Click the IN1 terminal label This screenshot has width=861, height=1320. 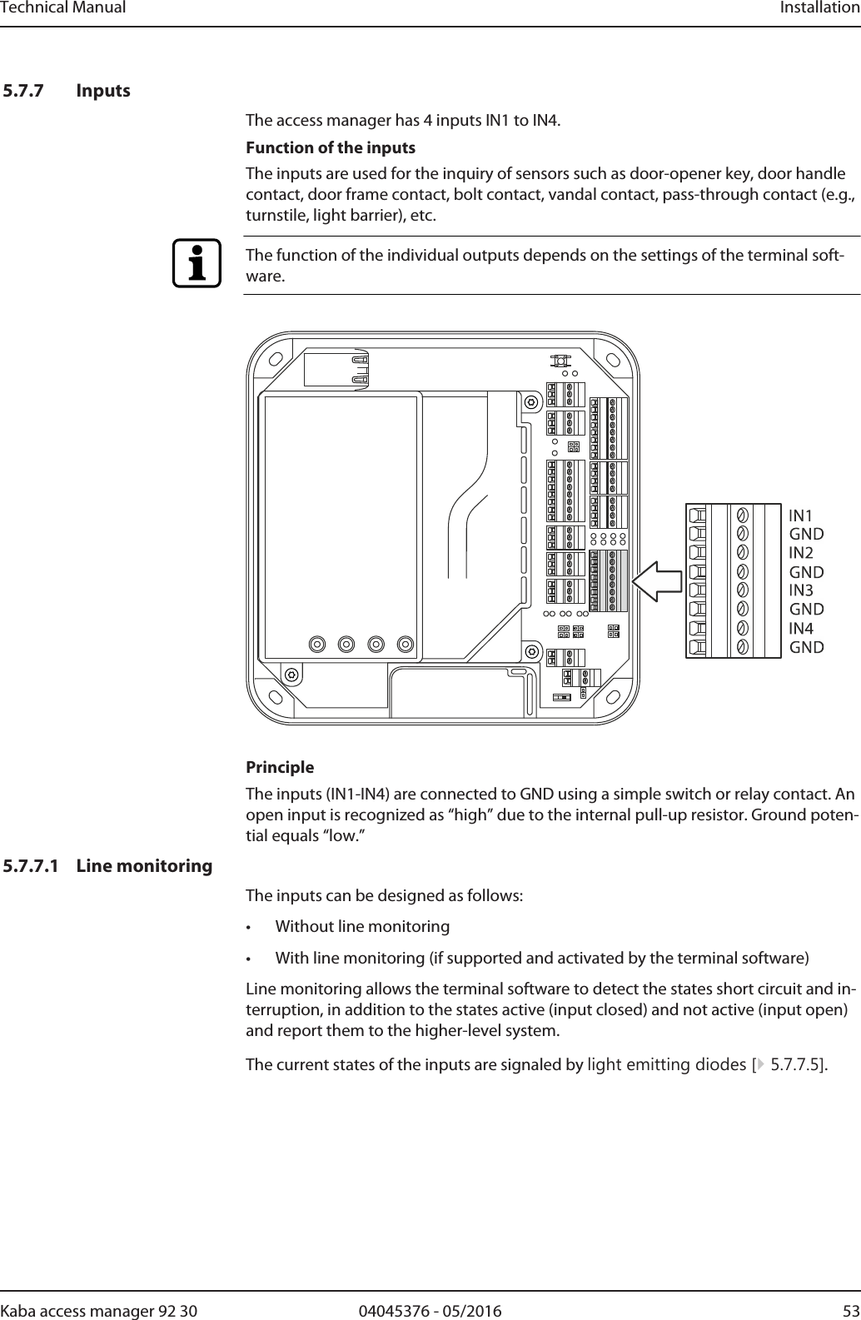[x=800, y=516]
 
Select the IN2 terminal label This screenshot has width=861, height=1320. [x=801, y=553]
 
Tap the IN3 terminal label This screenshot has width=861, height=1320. [x=801, y=590]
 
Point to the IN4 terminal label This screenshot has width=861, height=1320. [x=801, y=628]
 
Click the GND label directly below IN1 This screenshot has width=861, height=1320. [x=806, y=534]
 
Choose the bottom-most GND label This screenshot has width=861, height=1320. [x=806, y=647]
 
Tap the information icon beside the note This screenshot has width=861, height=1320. [x=197, y=263]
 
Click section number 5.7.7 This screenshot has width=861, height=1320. [x=26, y=90]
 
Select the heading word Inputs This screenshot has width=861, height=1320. [x=103, y=90]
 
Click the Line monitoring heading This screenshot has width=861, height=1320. [x=144, y=866]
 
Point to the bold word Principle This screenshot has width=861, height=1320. [x=280, y=767]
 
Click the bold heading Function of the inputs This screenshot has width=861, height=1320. [x=331, y=147]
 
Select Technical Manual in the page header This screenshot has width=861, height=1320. [x=63, y=8]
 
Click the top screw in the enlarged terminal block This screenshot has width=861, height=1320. [x=741, y=514]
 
